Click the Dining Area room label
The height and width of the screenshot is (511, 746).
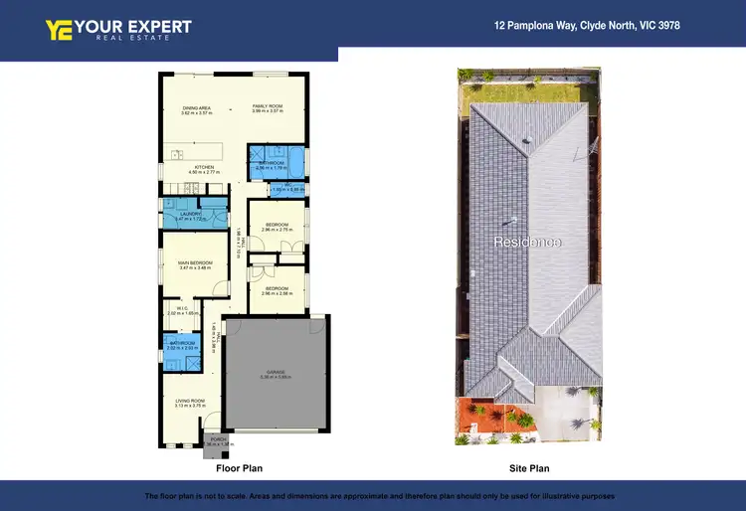(196, 106)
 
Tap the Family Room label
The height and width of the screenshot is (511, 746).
(268, 106)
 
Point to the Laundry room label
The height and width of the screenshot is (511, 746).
(191, 213)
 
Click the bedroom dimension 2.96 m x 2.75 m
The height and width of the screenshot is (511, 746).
(276, 230)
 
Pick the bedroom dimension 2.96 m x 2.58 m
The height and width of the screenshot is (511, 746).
(276, 294)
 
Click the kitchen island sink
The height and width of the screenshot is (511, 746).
(176, 154)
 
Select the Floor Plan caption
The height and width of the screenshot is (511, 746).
(240, 467)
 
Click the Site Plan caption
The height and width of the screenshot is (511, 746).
(528, 467)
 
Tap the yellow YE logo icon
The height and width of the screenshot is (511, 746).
(57, 29)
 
